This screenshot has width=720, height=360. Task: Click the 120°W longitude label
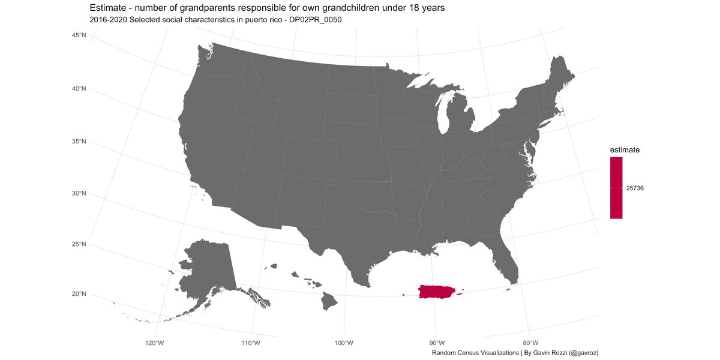tap(155, 343)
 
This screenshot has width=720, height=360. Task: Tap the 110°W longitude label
tap(250, 343)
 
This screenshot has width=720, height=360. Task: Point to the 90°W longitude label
tap(437, 343)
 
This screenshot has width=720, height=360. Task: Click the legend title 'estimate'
tap(625, 149)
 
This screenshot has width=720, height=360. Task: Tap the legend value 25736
tap(635, 188)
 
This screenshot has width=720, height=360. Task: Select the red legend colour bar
tap(616, 188)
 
